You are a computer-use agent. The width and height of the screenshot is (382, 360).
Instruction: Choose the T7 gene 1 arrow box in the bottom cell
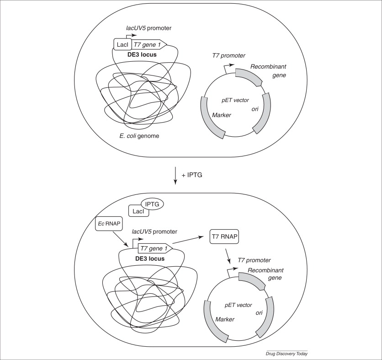(155, 249)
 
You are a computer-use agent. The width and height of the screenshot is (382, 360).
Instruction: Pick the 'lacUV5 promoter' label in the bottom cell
(154, 231)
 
